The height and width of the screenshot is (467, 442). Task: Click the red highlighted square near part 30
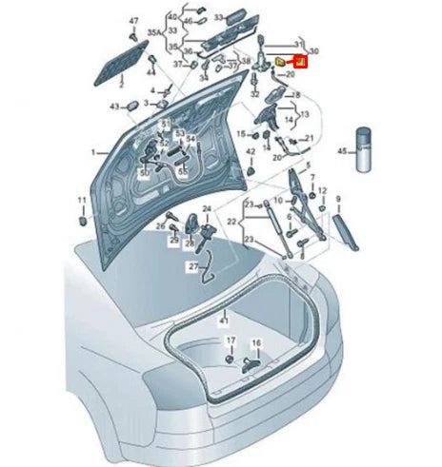click(x=299, y=63)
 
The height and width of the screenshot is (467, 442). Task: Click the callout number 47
click(x=134, y=20)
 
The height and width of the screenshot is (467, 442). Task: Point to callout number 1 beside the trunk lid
click(x=93, y=152)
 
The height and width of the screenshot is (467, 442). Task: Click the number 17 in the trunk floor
click(x=229, y=341)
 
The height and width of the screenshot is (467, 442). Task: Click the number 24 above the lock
click(x=207, y=207)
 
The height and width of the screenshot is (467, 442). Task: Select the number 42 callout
click(x=251, y=150)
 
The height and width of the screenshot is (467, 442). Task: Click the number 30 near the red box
click(x=316, y=50)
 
